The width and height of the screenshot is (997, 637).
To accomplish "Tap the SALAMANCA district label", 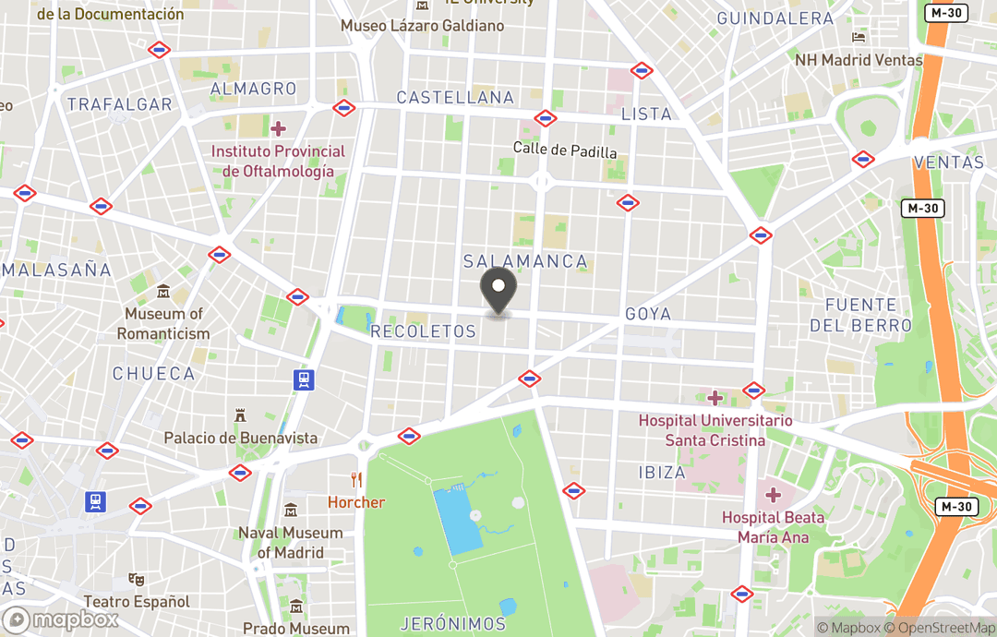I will point(525,261).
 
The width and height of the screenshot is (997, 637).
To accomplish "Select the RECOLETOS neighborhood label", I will point(423,331).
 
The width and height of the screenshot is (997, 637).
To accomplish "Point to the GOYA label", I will point(648,314).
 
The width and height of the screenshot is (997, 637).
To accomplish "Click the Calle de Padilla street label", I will point(565,150).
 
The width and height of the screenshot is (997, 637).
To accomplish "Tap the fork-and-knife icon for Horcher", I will point(356,480).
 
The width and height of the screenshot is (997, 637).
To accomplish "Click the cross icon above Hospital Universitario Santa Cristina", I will point(715,398).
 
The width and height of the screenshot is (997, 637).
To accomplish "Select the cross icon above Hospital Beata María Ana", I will point(774,495).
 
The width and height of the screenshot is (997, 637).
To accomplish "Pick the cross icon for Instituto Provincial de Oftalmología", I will point(278,128).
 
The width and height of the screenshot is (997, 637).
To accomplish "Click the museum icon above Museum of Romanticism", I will point(163,292).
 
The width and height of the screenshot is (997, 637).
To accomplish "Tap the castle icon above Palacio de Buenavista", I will point(241,415).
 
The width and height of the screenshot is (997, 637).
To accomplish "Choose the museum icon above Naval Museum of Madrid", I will point(291,510).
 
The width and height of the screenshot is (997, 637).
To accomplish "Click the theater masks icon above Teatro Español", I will point(137,579).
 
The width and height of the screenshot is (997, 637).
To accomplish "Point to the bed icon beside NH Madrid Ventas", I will point(859,38).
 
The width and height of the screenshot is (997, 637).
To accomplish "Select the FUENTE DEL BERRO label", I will point(860,315).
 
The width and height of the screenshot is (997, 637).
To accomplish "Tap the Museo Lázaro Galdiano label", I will point(423,26).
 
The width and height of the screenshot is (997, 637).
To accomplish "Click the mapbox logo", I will point(61,619).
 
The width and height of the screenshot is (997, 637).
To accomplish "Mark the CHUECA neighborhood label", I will point(154,374).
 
